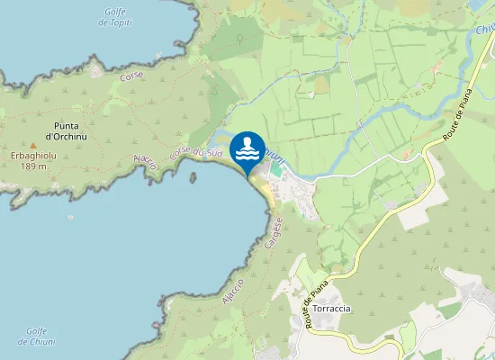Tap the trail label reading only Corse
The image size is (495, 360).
tap(130, 76)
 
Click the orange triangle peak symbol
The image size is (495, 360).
tap(33, 144)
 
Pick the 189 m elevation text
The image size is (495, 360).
tap(33, 166)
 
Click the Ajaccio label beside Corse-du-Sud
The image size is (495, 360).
tap(144, 162)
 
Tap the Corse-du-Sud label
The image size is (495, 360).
tap(195, 154)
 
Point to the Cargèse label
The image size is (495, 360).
tap(275, 233)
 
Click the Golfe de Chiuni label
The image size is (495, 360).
tap(36, 336)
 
